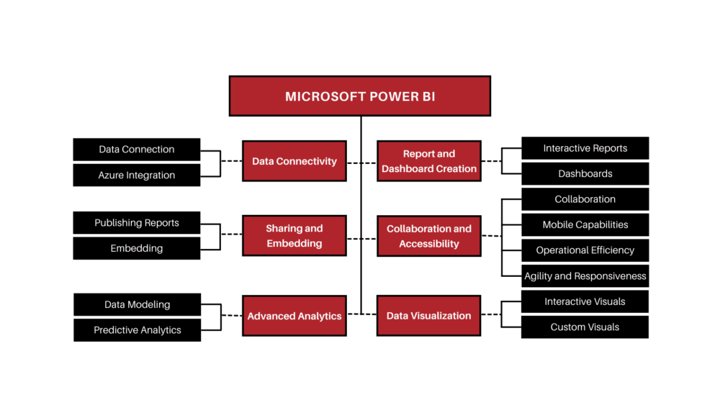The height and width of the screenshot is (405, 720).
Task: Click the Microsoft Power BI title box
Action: (x=359, y=96)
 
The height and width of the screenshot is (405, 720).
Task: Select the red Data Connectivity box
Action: (x=294, y=161)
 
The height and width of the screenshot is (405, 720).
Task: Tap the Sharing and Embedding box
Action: (x=294, y=236)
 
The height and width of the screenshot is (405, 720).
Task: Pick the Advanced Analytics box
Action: (x=294, y=316)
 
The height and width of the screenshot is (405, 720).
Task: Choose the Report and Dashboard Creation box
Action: (x=429, y=161)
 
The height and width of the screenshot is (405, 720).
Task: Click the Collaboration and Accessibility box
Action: (x=429, y=236)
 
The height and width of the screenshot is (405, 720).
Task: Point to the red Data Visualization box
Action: (x=428, y=316)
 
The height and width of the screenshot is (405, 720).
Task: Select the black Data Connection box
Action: (x=137, y=150)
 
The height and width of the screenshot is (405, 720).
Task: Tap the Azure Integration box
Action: (x=137, y=175)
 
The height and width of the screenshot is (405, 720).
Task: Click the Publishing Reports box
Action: (x=137, y=223)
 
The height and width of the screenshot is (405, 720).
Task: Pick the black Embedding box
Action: (x=137, y=248)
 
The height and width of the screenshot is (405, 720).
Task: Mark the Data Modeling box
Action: (x=137, y=304)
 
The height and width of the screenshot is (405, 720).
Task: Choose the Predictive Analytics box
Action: (x=137, y=330)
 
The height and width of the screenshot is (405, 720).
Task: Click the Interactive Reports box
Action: (x=585, y=148)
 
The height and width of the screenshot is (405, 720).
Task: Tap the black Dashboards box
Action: (x=585, y=173)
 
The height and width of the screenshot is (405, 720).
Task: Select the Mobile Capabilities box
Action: (x=585, y=224)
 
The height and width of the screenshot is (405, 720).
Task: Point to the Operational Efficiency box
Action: (x=585, y=250)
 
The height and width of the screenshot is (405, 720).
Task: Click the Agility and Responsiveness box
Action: (x=585, y=276)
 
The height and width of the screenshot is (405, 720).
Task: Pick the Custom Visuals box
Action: (x=585, y=327)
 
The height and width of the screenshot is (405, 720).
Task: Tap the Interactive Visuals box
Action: (x=585, y=301)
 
